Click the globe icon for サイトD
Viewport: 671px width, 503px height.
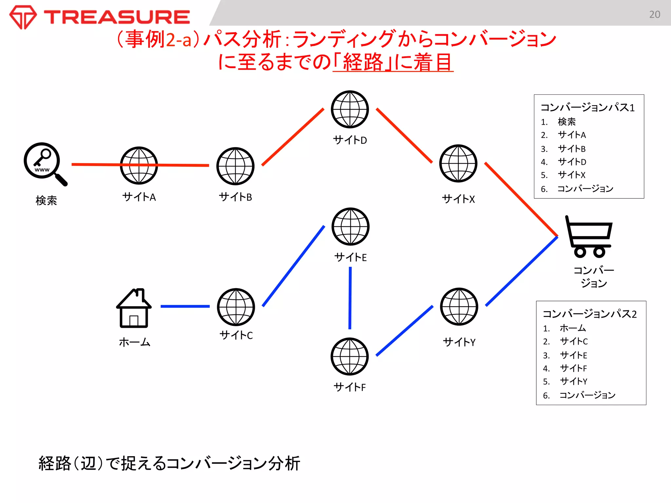click(x=350, y=109)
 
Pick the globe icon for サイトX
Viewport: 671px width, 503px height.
click(x=458, y=163)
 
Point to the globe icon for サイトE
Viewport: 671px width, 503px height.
click(x=350, y=226)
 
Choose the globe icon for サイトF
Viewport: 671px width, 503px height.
click(x=350, y=356)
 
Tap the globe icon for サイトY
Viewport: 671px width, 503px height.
click(x=459, y=307)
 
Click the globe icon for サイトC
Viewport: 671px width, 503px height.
click(x=236, y=307)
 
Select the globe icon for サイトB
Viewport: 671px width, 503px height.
click(x=235, y=166)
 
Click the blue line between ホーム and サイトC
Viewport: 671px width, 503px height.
click(x=185, y=306)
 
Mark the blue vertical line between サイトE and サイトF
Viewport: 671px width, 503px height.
click(x=350, y=298)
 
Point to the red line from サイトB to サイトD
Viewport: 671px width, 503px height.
click(x=293, y=137)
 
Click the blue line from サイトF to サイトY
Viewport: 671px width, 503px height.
click(x=405, y=330)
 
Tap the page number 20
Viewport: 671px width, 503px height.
click(x=654, y=14)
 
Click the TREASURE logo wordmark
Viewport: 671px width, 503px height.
click(x=117, y=17)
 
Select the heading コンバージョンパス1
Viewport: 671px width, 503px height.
click(x=587, y=107)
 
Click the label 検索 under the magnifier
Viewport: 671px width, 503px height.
click(x=46, y=200)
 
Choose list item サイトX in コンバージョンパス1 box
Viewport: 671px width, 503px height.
click(x=571, y=175)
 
